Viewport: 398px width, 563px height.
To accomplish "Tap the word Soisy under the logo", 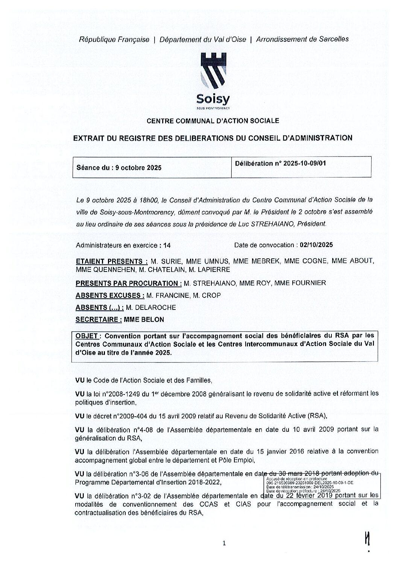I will (x=213, y=99).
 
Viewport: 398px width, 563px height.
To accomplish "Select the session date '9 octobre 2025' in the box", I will (x=138, y=168).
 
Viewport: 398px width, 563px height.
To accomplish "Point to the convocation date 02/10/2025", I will (x=316, y=245).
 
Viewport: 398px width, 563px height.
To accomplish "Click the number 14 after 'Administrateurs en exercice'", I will (x=167, y=246).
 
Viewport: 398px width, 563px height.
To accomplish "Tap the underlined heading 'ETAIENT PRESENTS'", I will (x=111, y=261).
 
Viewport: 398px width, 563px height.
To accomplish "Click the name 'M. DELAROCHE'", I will (x=151, y=308).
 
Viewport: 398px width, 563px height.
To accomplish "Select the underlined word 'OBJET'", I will (x=87, y=336).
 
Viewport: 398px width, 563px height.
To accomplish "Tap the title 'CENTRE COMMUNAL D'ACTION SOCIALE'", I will (x=213, y=121).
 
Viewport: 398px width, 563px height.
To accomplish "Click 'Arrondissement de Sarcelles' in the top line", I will (x=302, y=39).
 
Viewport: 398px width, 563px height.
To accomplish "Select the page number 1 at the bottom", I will (x=224, y=543).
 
